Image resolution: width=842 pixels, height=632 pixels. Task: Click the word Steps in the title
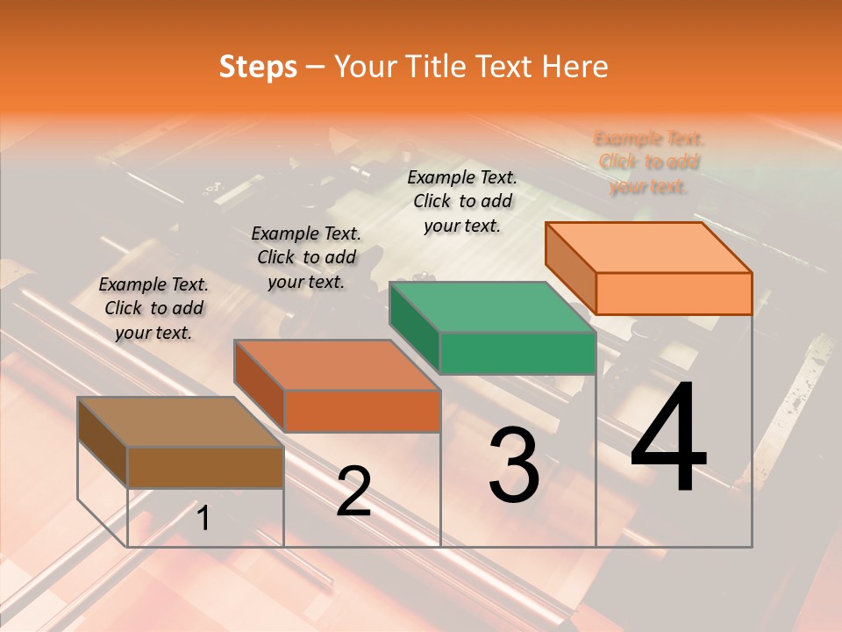coord(258,67)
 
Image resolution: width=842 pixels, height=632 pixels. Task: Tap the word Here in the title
coord(575,67)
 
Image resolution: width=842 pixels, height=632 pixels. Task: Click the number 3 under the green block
coord(514,465)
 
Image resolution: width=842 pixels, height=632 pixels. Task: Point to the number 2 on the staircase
coord(353,492)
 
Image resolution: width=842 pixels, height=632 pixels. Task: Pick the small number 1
coord(203,519)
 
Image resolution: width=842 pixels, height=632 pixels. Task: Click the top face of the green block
coord(492,307)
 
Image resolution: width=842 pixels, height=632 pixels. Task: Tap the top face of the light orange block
coord(648,247)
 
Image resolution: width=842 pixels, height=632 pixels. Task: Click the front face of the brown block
coord(205,467)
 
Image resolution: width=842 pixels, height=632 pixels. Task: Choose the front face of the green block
coord(517,353)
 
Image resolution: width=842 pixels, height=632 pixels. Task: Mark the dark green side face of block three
coord(414,327)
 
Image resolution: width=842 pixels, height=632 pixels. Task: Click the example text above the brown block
coord(153,309)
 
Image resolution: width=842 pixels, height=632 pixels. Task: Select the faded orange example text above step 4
coord(649,162)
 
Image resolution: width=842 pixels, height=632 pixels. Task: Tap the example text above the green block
coord(462,201)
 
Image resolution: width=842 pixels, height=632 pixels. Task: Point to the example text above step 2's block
coord(306,257)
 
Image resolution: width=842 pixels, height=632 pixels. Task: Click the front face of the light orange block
coord(674,293)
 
